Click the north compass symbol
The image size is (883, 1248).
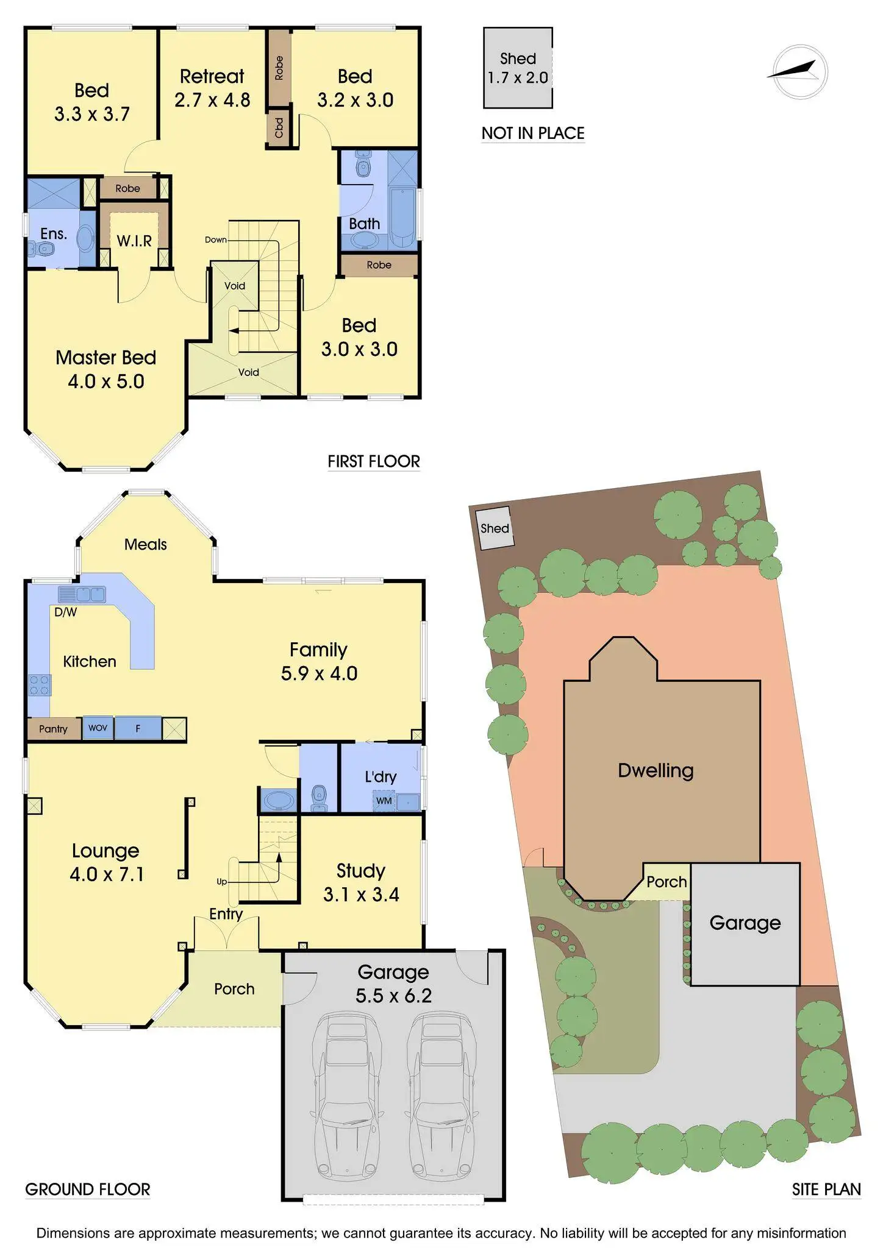coord(799,72)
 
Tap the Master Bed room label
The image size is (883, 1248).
coord(105,358)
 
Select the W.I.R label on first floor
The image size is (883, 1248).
coord(134,241)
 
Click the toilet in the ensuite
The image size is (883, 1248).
coord(41,248)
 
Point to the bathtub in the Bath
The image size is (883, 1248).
coord(402,218)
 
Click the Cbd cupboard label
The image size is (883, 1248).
coord(279,128)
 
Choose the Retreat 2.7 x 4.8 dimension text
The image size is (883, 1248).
coord(212,100)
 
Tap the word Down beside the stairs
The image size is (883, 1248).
coord(215,240)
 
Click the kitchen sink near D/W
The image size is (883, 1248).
coord(82,594)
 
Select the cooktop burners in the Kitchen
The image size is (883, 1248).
coord(40,685)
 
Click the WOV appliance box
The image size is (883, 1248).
coord(98,728)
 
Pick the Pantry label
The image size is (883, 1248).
coord(53,729)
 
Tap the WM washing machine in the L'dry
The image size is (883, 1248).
coord(384,801)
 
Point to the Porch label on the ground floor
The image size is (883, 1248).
coord(234,989)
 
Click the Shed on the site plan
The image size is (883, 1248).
coord(494,528)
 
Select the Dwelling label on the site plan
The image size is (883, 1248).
coord(656,770)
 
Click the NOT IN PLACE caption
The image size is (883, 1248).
coord(533,133)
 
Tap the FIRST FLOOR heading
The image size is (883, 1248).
coord(373,461)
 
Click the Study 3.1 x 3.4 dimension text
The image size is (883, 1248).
coord(361,895)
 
